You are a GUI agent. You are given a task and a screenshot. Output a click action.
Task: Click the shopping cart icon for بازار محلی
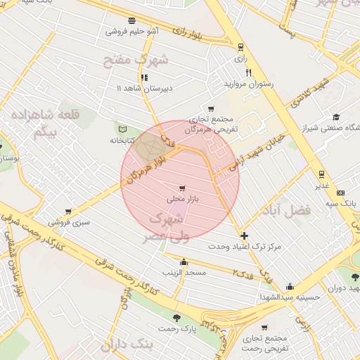[x=183, y=188]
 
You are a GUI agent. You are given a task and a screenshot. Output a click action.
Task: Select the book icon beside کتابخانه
[x=123, y=129]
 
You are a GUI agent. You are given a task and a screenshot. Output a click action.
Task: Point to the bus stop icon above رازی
[x=241, y=47]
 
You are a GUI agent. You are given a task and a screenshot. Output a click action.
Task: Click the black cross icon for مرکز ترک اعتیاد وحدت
[x=244, y=236]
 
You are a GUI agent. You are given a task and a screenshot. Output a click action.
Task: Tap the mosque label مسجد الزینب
[x=183, y=271]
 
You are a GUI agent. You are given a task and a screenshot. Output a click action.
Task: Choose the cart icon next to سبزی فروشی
[x=68, y=211]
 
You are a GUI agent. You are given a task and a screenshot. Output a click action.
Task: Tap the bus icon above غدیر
[x=321, y=174]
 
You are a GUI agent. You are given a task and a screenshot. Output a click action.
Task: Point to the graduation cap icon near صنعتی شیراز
[x=337, y=117]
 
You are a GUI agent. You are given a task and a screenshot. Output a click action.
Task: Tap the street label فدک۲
[x=244, y=272]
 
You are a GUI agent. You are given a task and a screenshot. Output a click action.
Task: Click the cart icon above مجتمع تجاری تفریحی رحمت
[x=264, y=328]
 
